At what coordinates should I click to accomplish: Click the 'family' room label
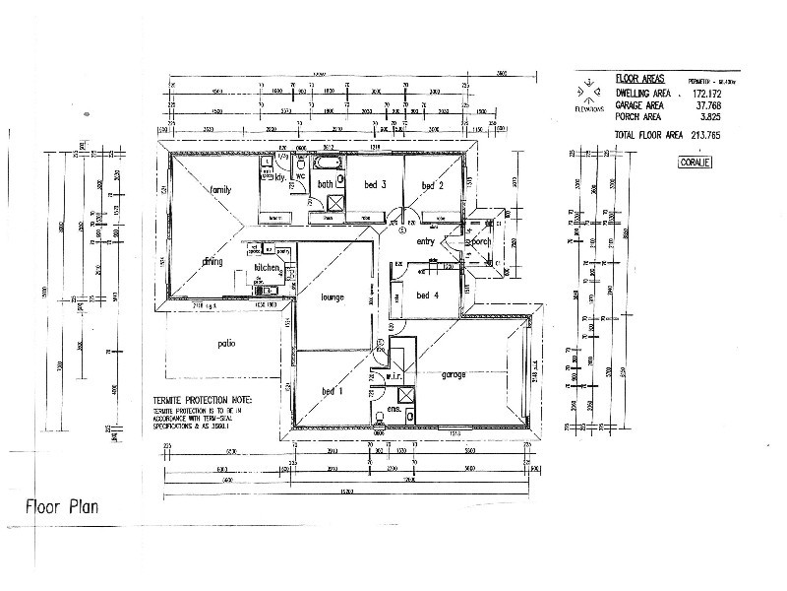(219, 189)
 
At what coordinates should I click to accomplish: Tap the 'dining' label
(212, 262)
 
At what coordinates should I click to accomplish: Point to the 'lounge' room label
(331, 296)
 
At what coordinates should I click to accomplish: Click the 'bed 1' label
(331, 391)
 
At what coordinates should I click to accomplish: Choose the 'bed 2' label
(433, 186)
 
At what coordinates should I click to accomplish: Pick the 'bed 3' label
(374, 185)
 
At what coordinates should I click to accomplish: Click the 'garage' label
(454, 375)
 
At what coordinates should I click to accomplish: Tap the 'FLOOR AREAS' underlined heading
(639, 78)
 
